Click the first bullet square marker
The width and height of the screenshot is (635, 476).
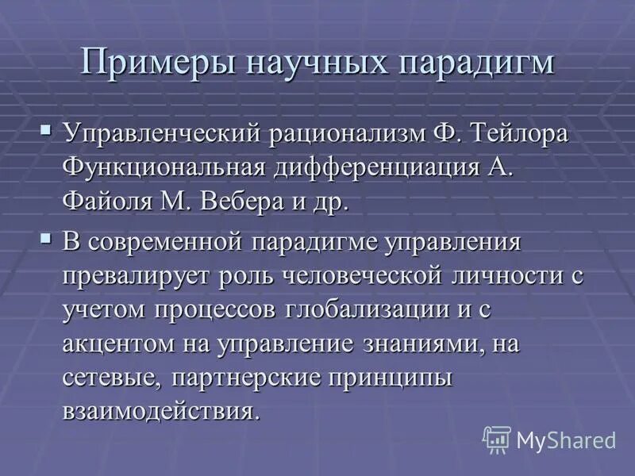(47, 127)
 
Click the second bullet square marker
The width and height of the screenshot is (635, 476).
(47, 237)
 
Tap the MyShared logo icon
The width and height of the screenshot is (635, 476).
(497, 439)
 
